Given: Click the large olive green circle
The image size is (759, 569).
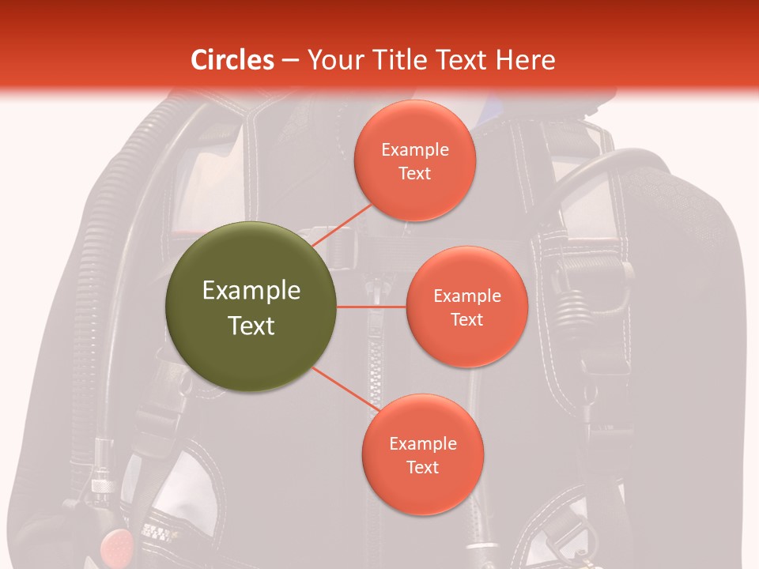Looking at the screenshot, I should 251,307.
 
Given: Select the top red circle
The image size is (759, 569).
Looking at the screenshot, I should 414,160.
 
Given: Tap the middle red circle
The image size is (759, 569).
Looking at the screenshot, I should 466,307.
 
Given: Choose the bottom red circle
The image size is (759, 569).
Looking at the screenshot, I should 422,454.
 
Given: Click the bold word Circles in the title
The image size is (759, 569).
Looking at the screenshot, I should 232,60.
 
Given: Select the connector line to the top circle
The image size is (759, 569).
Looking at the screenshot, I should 342,224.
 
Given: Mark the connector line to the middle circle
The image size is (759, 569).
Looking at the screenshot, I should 371,306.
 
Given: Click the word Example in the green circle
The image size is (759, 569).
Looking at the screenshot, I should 251,291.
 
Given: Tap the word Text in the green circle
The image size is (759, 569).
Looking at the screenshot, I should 251,325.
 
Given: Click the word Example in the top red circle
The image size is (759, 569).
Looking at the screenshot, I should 415,149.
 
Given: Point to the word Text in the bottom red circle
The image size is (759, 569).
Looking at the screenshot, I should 422,467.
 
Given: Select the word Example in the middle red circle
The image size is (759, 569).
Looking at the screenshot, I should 467,296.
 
